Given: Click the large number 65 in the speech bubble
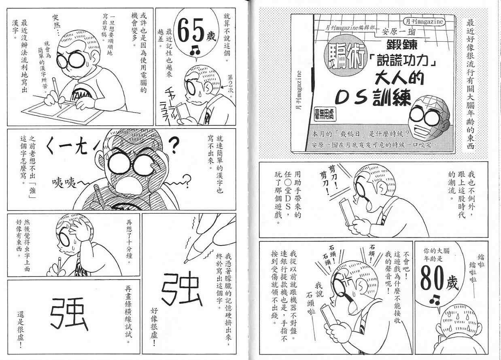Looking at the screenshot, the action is [x=191, y=31].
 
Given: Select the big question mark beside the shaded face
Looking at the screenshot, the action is [x=173, y=145].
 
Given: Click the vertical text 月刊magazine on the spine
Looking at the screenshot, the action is [x=299, y=90].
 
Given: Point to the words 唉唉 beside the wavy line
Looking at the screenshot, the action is [x=64, y=183].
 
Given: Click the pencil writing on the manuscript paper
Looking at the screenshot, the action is [x=57, y=93].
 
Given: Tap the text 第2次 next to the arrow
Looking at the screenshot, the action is [x=230, y=87].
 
